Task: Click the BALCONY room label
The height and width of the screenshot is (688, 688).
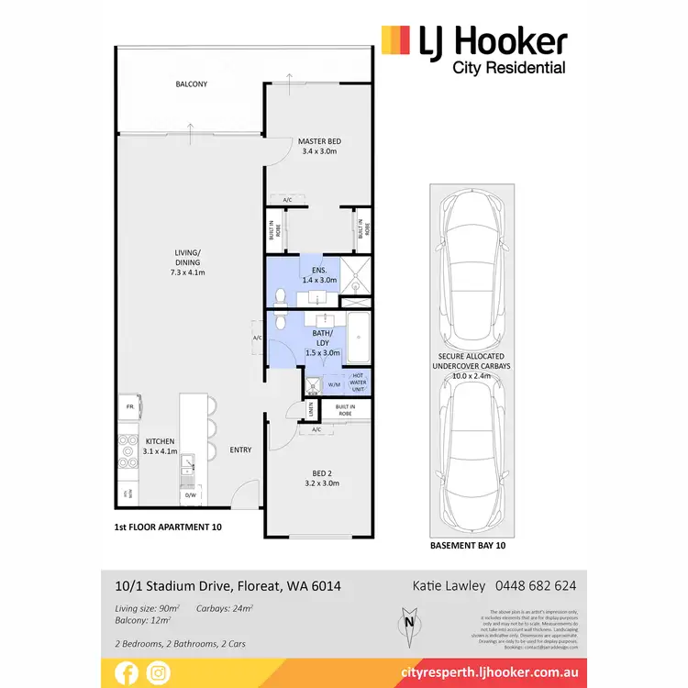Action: [192, 84]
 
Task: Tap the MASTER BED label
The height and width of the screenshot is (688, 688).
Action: [320, 141]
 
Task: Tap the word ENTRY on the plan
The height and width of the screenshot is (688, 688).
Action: [240, 449]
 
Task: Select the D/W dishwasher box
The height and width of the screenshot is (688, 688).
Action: [192, 495]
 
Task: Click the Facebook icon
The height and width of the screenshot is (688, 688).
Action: [128, 672]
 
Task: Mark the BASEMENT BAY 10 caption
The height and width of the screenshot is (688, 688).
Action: [467, 545]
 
